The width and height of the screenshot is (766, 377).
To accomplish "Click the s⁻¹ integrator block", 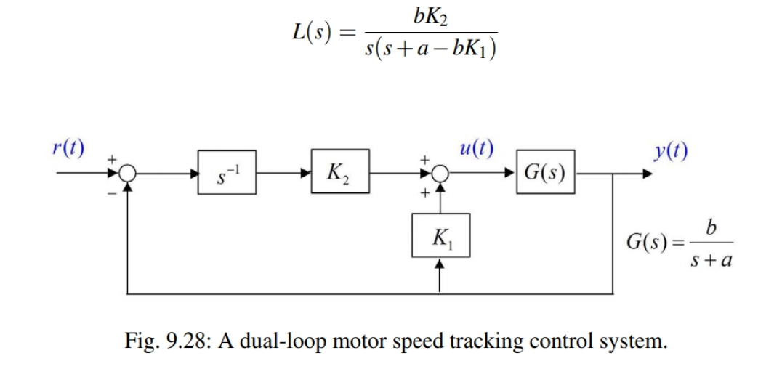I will [x=227, y=173].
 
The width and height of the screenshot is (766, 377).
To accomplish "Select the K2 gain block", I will [x=339, y=173].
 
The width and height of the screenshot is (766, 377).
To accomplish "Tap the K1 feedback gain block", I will [x=440, y=235].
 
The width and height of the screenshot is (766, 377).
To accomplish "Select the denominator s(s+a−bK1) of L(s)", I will [x=430, y=52].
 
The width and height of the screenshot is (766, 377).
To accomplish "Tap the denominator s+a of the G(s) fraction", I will [x=711, y=259].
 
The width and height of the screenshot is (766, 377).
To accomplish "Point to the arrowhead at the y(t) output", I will [x=645, y=174].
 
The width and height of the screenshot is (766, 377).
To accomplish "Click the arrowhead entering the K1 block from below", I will [x=440, y=265].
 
